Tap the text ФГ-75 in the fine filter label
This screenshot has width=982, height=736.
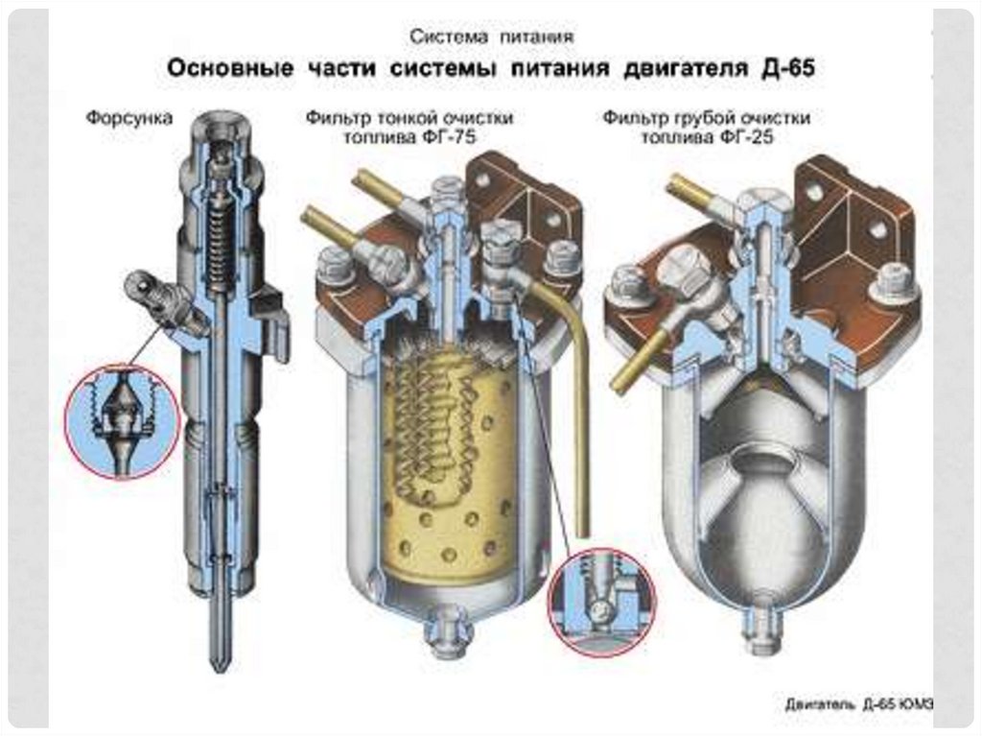pyautogui.click(x=451, y=137)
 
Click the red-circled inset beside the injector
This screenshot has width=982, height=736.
pyautogui.click(x=122, y=420)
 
